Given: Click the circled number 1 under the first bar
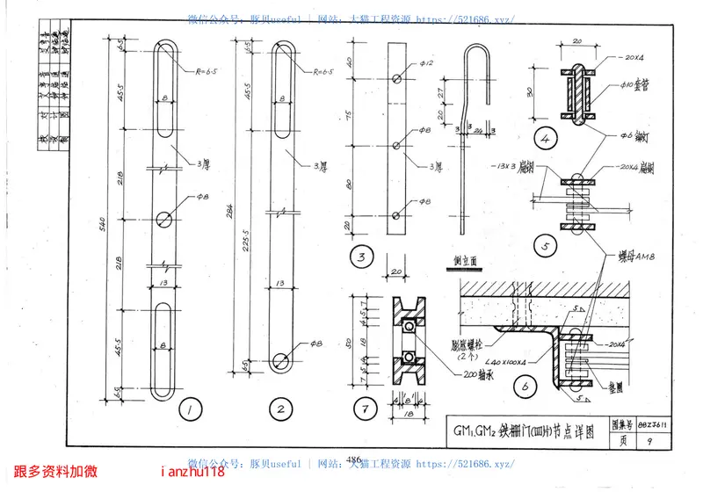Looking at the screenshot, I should (x=188, y=408).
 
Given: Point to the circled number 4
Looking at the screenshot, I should (x=545, y=138).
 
